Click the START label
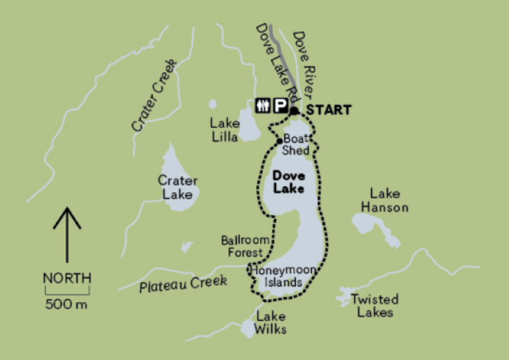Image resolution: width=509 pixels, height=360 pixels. pos(329,110)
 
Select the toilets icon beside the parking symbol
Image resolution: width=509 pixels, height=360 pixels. pos(263,105)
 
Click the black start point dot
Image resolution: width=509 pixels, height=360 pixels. pos(294,111)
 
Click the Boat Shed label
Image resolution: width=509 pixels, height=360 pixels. pos(296,144)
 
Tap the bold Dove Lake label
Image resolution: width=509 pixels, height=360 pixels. pos(288,182)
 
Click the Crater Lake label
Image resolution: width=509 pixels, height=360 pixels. pos(178,187)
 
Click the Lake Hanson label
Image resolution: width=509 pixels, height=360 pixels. pos(384,200)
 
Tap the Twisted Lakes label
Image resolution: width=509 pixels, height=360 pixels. pos(375,305)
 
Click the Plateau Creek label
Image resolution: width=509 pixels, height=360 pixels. pos(183,284)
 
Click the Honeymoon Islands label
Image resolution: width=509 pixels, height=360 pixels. pos(282,276)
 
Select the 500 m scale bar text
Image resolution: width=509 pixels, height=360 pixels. pos(66,304)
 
